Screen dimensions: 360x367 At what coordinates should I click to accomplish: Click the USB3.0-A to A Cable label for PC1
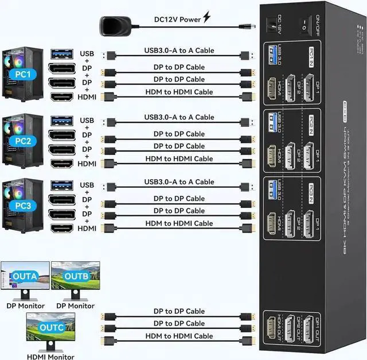click(x=179, y=51)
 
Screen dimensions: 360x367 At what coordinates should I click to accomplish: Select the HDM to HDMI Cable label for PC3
click(x=179, y=223)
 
